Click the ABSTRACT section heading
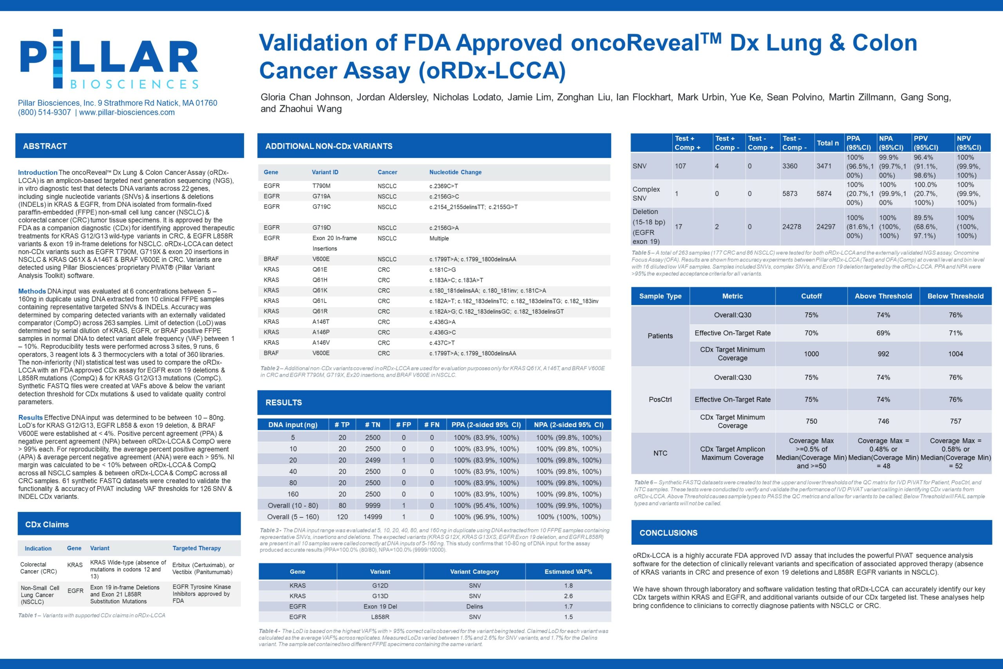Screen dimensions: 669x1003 pos(45,146)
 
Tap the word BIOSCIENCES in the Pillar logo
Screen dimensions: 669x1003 pos(134,83)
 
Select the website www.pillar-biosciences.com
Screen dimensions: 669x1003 pos(127,112)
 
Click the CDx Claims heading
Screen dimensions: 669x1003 pos(47,524)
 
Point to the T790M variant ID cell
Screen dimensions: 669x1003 pos(321,186)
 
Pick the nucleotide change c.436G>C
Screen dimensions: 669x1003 pos(442,332)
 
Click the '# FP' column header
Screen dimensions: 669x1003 pos(403,424)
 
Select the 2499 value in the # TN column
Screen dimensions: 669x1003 pos(372,460)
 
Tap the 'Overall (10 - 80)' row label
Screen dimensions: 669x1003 pos(293,505)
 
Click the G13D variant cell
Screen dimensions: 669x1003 pos(380,596)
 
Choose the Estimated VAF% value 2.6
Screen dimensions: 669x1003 pos(568,596)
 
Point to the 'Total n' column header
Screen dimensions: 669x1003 pos(827,143)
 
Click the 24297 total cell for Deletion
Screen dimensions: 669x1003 pos(826,227)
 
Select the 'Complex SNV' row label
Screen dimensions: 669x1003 pos(646,193)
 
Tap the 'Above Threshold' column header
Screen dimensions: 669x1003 pos(883,296)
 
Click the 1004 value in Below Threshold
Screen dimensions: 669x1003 pos(955,354)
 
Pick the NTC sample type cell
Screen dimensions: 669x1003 pos(660,453)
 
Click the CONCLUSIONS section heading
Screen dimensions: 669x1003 pos(668,533)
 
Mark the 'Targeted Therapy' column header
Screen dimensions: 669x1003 pos(197,548)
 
